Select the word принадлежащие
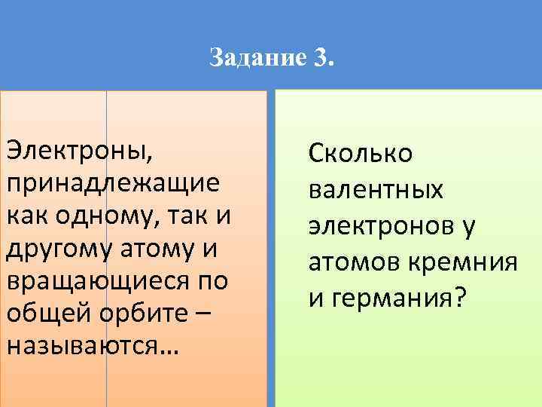tap(114, 182)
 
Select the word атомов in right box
tap(354, 262)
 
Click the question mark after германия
tap(459, 298)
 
